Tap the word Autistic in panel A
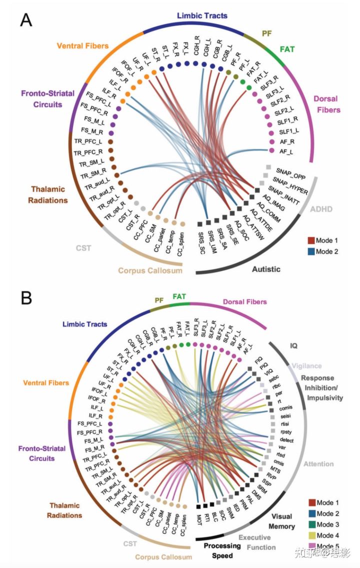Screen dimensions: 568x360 (266, 269)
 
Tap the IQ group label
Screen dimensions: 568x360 (294, 345)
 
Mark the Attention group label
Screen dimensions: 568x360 (318, 464)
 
